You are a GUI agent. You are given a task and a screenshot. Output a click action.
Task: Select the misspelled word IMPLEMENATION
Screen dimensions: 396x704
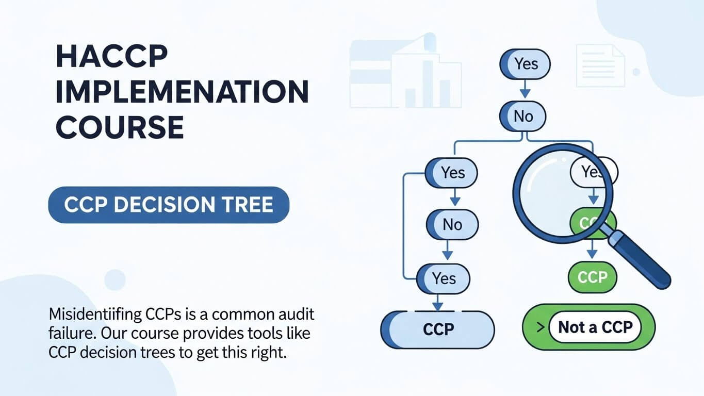[182, 92]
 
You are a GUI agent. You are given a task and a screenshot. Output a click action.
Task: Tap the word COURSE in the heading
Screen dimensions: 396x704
[120, 127]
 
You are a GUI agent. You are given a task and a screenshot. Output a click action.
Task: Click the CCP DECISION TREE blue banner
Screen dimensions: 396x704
[169, 205]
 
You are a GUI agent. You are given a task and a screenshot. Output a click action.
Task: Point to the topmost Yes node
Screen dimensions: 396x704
[525, 64]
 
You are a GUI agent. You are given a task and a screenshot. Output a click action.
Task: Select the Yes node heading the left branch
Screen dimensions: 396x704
[452, 172]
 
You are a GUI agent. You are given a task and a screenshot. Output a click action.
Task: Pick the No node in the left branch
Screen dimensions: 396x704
[452, 224]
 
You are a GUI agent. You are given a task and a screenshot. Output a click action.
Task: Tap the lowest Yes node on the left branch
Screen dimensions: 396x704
[443, 278]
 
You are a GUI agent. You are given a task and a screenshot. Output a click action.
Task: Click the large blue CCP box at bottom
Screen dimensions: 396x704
[437, 329]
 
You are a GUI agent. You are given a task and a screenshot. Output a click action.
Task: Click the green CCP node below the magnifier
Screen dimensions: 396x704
[592, 277]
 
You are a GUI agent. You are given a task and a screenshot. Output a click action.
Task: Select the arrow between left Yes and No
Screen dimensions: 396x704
[454, 197]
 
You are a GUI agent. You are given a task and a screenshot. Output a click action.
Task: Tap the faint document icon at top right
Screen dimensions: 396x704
[600, 65]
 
